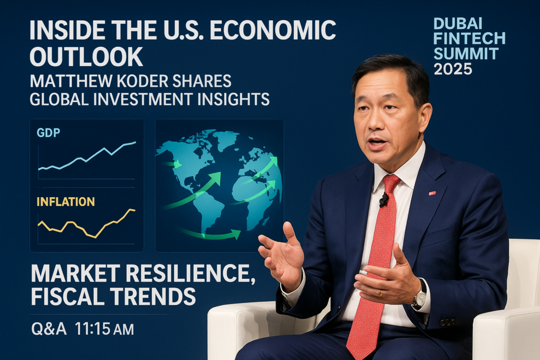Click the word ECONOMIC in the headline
tap(273, 30)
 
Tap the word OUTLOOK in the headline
tap(86, 56)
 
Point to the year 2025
tap(452, 69)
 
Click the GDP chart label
tap(48, 132)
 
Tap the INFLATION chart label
tap(65, 202)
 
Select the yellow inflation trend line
tap(86, 223)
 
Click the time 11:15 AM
tap(104, 329)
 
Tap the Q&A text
tap(49, 329)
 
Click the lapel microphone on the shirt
tap(384, 200)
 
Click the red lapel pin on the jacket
tap(432, 193)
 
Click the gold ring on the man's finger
tap(381, 293)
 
